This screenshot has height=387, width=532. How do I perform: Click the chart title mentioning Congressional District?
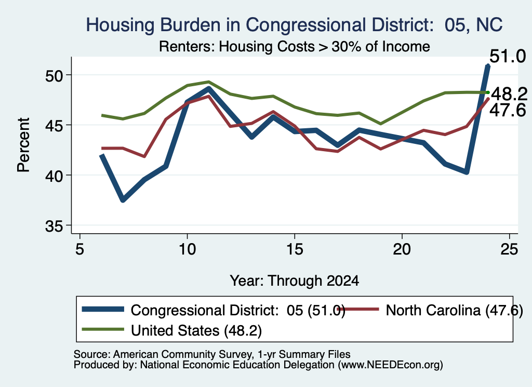tap(294, 25)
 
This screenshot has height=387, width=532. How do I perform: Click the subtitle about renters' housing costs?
tap(295, 46)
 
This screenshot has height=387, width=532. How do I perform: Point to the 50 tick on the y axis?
tap(54, 76)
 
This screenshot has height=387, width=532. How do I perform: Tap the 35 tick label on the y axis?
tap(54, 226)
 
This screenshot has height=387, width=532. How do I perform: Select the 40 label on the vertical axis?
tap(54, 176)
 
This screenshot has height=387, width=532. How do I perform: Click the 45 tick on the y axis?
tap(54, 126)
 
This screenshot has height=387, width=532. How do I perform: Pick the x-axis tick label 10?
tap(187, 250)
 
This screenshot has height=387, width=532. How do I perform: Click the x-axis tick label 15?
tap(295, 250)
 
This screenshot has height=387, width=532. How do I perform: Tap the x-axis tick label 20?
tap(402, 250)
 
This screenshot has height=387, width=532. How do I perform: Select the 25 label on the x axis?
tap(509, 250)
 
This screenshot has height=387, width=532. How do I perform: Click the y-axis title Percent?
tap(23, 145)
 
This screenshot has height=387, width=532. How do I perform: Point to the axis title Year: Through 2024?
tap(295, 281)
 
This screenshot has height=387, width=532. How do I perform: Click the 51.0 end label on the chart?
tap(508, 56)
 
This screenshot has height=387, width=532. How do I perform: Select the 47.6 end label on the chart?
tap(508, 110)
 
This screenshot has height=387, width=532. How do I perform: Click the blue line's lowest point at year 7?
tap(123, 200)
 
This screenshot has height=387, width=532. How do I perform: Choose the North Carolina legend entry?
tap(430, 310)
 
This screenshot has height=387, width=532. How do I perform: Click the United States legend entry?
tap(172, 330)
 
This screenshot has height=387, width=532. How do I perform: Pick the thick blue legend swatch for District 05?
tap(103, 309)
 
